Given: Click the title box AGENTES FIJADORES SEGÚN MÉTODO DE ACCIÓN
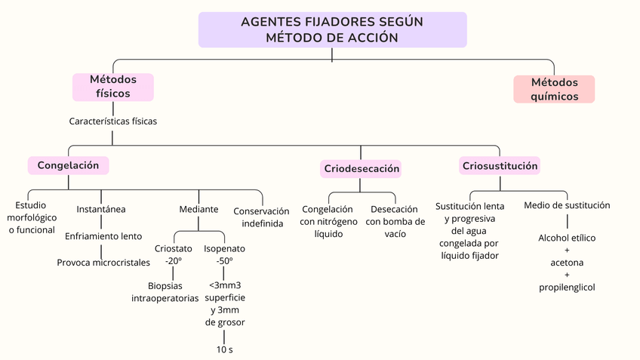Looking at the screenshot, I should tap(332, 30).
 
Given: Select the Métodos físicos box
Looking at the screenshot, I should tap(113, 87).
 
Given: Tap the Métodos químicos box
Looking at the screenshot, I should tap(554, 89).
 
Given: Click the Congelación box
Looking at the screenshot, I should tap(68, 165).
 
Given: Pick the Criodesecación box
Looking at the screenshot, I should tap(362, 168).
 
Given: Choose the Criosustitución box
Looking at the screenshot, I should tap(500, 165).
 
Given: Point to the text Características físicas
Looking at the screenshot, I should tap(113, 121).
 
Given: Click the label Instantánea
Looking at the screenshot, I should tap(101, 209).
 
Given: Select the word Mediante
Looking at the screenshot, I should tap(198, 209).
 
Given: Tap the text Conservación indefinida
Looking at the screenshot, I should tap(262, 217).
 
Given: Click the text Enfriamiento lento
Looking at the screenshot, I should tap(103, 236).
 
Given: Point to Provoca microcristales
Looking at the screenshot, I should tap(103, 263).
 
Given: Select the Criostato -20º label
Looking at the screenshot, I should tap(174, 254).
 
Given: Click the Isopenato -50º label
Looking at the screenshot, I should tap(224, 254).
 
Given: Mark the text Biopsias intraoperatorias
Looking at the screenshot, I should tap(165, 291).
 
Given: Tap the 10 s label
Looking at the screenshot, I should tap(224, 349).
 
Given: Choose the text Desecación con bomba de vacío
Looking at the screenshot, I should tap(395, 221).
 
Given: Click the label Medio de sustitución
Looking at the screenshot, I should tap(567, 205).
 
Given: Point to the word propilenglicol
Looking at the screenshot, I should tap(567, 288).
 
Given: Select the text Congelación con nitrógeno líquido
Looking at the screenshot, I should tap(328, 221).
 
